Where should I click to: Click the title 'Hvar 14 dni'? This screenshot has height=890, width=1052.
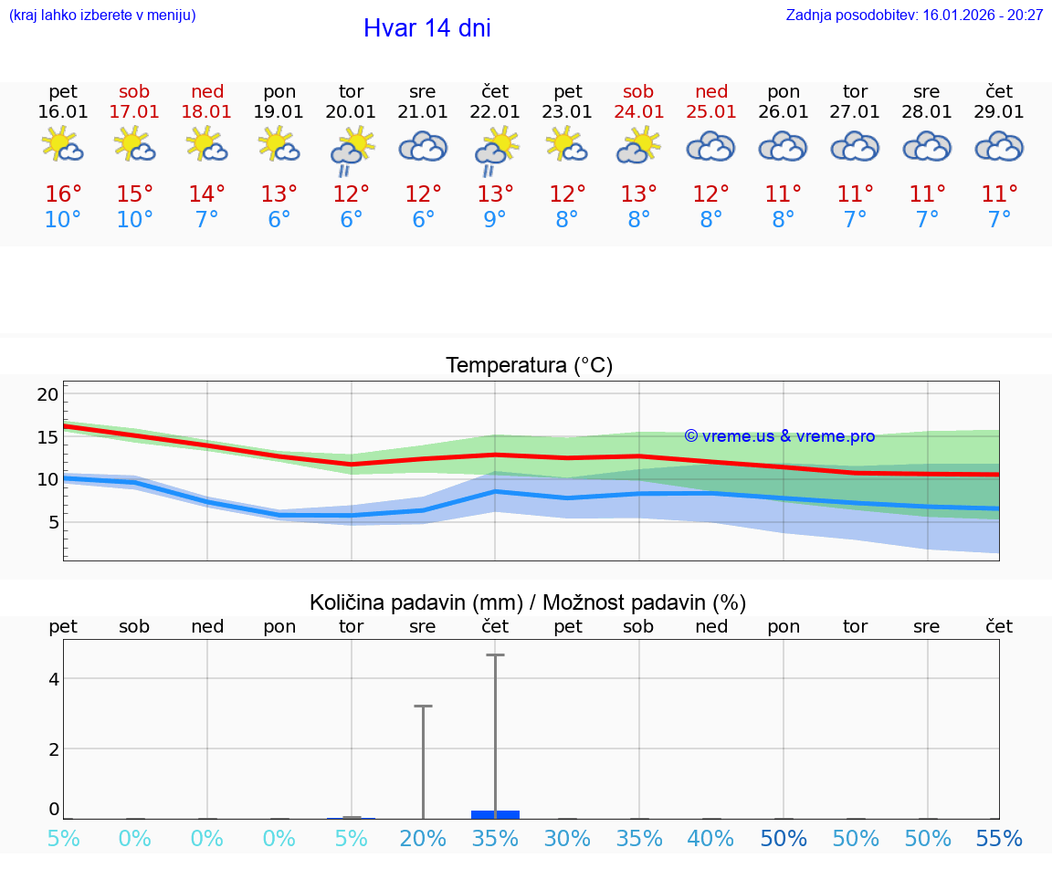tap(426, 28)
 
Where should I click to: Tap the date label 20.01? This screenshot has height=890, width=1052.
tap(351, 112)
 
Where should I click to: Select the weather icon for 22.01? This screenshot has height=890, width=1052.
tap(495, 149)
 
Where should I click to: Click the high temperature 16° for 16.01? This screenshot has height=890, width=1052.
tap(63, 194)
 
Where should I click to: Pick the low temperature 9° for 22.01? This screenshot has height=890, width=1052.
tap(495, 220)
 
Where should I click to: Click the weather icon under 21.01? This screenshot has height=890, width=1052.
tap(423, 147)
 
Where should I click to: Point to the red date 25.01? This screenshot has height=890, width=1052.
tap(711, 112)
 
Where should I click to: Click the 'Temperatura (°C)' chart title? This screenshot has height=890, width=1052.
tap(529, 366)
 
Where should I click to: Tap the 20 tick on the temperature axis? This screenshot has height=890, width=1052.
tap(47, 394)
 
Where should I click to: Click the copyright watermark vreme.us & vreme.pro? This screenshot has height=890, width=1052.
tap(779, 436)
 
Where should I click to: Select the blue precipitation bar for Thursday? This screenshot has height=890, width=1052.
tap(495, 813)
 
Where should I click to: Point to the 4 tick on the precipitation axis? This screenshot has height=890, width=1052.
tap(54, 678)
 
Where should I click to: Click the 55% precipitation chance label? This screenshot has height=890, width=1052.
tap(999, 839)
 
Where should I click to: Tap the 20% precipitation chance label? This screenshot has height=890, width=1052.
tap(423, 839)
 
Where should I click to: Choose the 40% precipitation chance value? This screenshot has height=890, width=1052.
tap(711, 839)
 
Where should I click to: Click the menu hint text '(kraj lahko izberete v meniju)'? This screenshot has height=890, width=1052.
tap(101, 15)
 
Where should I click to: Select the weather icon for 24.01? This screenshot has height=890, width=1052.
tap(638, 145)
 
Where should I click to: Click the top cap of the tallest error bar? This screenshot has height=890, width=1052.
tap(495, 654)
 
